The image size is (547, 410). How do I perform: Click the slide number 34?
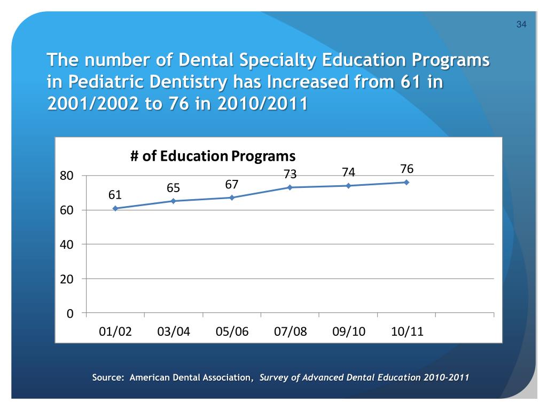(x=521, y=25)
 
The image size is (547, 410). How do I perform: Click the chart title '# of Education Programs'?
(x=213, y=156)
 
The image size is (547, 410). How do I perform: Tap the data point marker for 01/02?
(x=115, y=208)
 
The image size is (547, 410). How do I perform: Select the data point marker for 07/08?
(x=290, y=187)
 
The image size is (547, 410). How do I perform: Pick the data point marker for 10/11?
(x=407, y=182)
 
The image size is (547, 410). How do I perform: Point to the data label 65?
(x=173, y=188)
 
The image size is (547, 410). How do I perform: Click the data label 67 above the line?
(x=231, y=184)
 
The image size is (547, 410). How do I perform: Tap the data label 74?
(x=348, y=172)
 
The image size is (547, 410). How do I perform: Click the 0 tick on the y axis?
(x=70, y=313)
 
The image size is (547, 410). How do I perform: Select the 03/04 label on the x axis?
(x=174, y=332)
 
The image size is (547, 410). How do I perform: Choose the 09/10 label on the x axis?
(x=349, y=332)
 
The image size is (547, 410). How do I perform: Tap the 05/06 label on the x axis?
(x=232, y=332)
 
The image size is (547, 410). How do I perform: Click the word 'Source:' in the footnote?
(x=108, y=377)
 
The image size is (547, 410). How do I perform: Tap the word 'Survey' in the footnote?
(x=273, y=377)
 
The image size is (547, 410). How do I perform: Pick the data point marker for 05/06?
(x=232, y=198)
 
